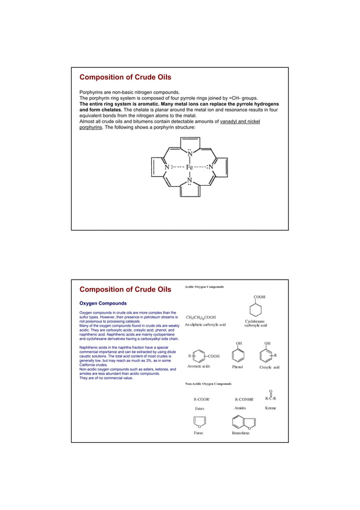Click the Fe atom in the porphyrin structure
point(189,167)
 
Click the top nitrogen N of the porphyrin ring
point(190,153)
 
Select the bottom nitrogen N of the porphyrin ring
point(190,181)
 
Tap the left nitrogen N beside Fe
point(166,167)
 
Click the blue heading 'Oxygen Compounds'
point(102,303)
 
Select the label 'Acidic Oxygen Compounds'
point(204,287)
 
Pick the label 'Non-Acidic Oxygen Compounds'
point(208,383)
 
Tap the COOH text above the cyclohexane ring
point(259,297)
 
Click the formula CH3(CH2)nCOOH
point(201,318)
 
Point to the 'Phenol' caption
point(239,367)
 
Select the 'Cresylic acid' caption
point(269,367)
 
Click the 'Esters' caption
point(199,408)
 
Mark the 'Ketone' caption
point(270,407)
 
